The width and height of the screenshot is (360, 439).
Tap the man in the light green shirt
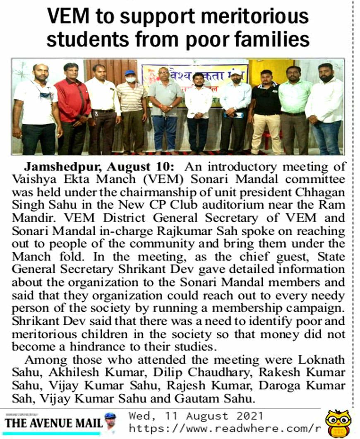click(x=295, y=110)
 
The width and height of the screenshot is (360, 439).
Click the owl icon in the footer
click(x=338, y=423)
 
